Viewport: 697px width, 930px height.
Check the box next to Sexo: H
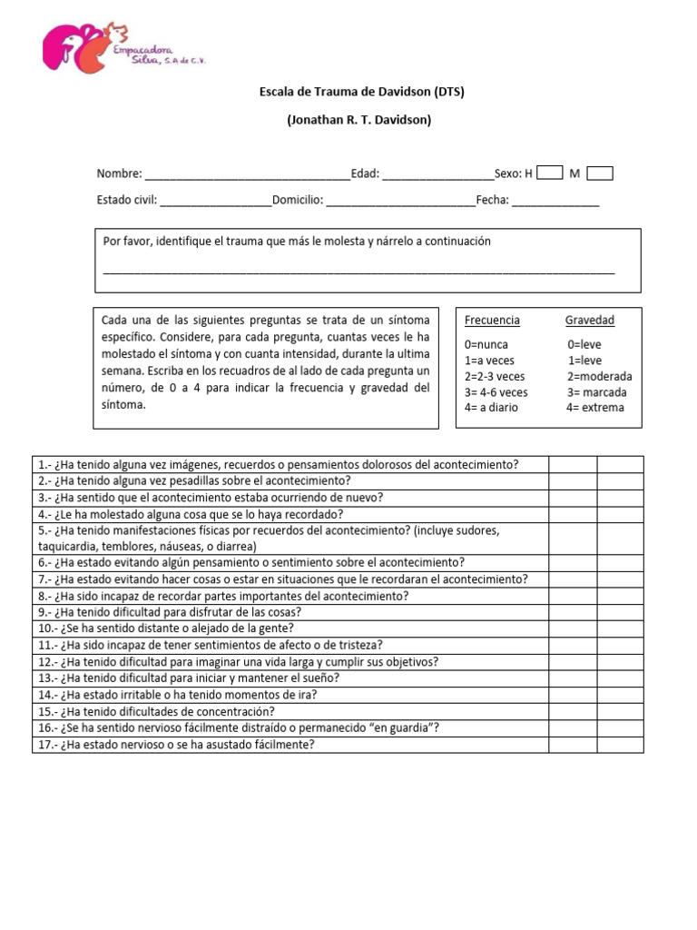tap(550, 173)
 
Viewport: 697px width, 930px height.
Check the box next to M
tap(600, 173)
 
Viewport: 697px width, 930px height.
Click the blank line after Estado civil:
tap(216, 203)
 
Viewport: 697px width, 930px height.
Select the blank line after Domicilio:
tap(400, 203)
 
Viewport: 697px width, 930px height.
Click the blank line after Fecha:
tap(555, 203)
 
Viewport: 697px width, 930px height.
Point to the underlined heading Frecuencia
tap(492, 321)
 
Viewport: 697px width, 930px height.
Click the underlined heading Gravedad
tap(590, 321)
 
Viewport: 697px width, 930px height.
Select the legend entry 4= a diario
tap(491, 408)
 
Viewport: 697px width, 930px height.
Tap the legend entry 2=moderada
tap(600, 376)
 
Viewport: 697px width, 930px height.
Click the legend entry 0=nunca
tap(486, 345)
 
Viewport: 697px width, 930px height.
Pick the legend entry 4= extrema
tap(595, 408)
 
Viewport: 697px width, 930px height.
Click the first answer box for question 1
tap(573, 464)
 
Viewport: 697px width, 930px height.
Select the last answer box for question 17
tap(620, 745)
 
